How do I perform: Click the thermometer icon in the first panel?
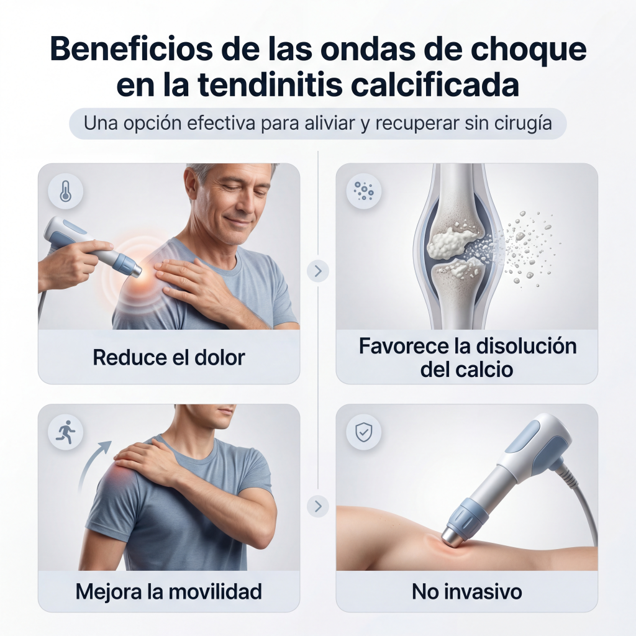coord(65,191)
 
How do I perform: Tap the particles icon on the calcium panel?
coord(363,191)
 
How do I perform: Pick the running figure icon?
coord(65,432)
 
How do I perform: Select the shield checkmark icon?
coord(363,432)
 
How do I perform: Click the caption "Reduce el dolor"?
coord(169,358)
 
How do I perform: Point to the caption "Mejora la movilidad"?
coord(169,592)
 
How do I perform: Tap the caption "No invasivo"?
coord(467,592)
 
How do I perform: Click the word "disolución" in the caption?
coord(525,346)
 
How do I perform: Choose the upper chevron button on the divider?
coord(318,271)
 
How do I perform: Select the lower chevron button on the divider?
coord(318,506)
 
